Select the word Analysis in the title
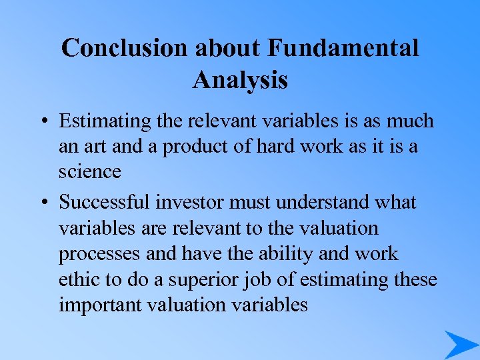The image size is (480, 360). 240,80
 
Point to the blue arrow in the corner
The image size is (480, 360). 460,345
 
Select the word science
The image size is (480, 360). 89,172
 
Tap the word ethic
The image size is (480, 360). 77,279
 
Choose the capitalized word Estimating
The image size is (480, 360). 105,121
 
